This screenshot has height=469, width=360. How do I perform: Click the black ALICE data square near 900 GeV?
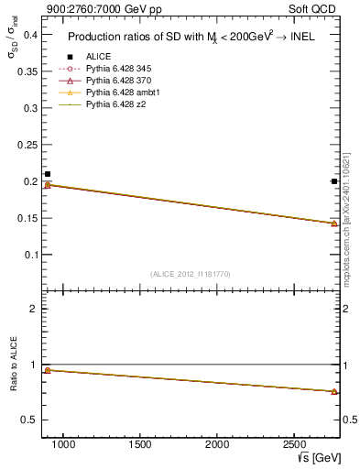tap(48, 174)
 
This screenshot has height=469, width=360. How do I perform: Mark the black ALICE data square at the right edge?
tap(334, 181)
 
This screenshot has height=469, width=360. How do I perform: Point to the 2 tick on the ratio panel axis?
tap(32, 309)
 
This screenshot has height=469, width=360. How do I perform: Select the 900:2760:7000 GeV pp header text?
tap(92, 10)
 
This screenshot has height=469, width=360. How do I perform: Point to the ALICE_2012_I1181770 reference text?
tap(190, 274)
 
